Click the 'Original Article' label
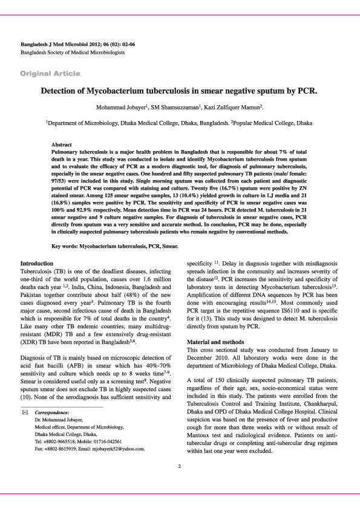[50, 73]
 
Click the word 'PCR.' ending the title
[306, 92]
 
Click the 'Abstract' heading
[62, 145]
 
